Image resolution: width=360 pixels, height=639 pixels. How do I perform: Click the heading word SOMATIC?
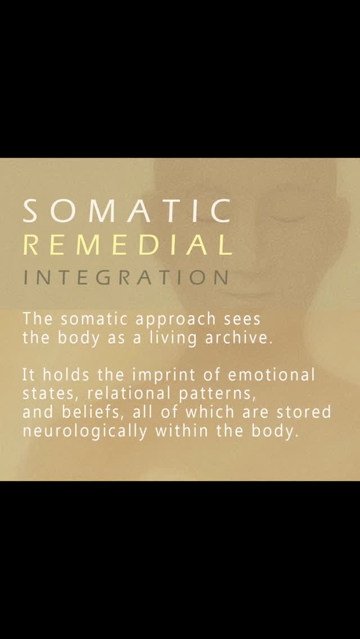pos(127,211)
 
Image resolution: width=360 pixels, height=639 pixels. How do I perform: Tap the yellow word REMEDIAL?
pos(127,245)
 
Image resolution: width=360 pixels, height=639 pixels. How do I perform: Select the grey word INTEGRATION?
pos(126,277)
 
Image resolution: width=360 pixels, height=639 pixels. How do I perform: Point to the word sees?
pos(242,319)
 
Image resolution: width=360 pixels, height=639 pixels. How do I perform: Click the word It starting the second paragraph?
pos(28,374)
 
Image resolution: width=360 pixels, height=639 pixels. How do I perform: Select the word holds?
pos(60,374)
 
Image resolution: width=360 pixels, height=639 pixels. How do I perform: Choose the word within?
pos(181,432)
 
